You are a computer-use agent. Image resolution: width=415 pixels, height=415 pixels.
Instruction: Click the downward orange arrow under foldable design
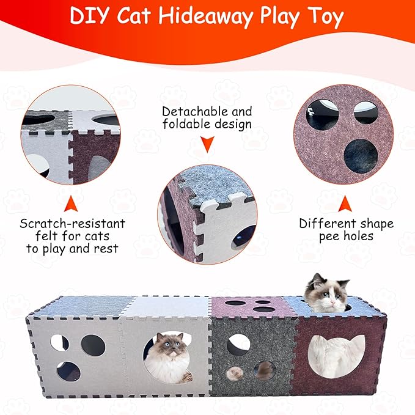[207, 145]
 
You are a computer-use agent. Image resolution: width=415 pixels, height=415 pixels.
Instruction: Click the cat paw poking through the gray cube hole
[235, 372]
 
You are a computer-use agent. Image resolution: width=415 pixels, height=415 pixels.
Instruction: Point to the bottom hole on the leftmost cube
[68, 371]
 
